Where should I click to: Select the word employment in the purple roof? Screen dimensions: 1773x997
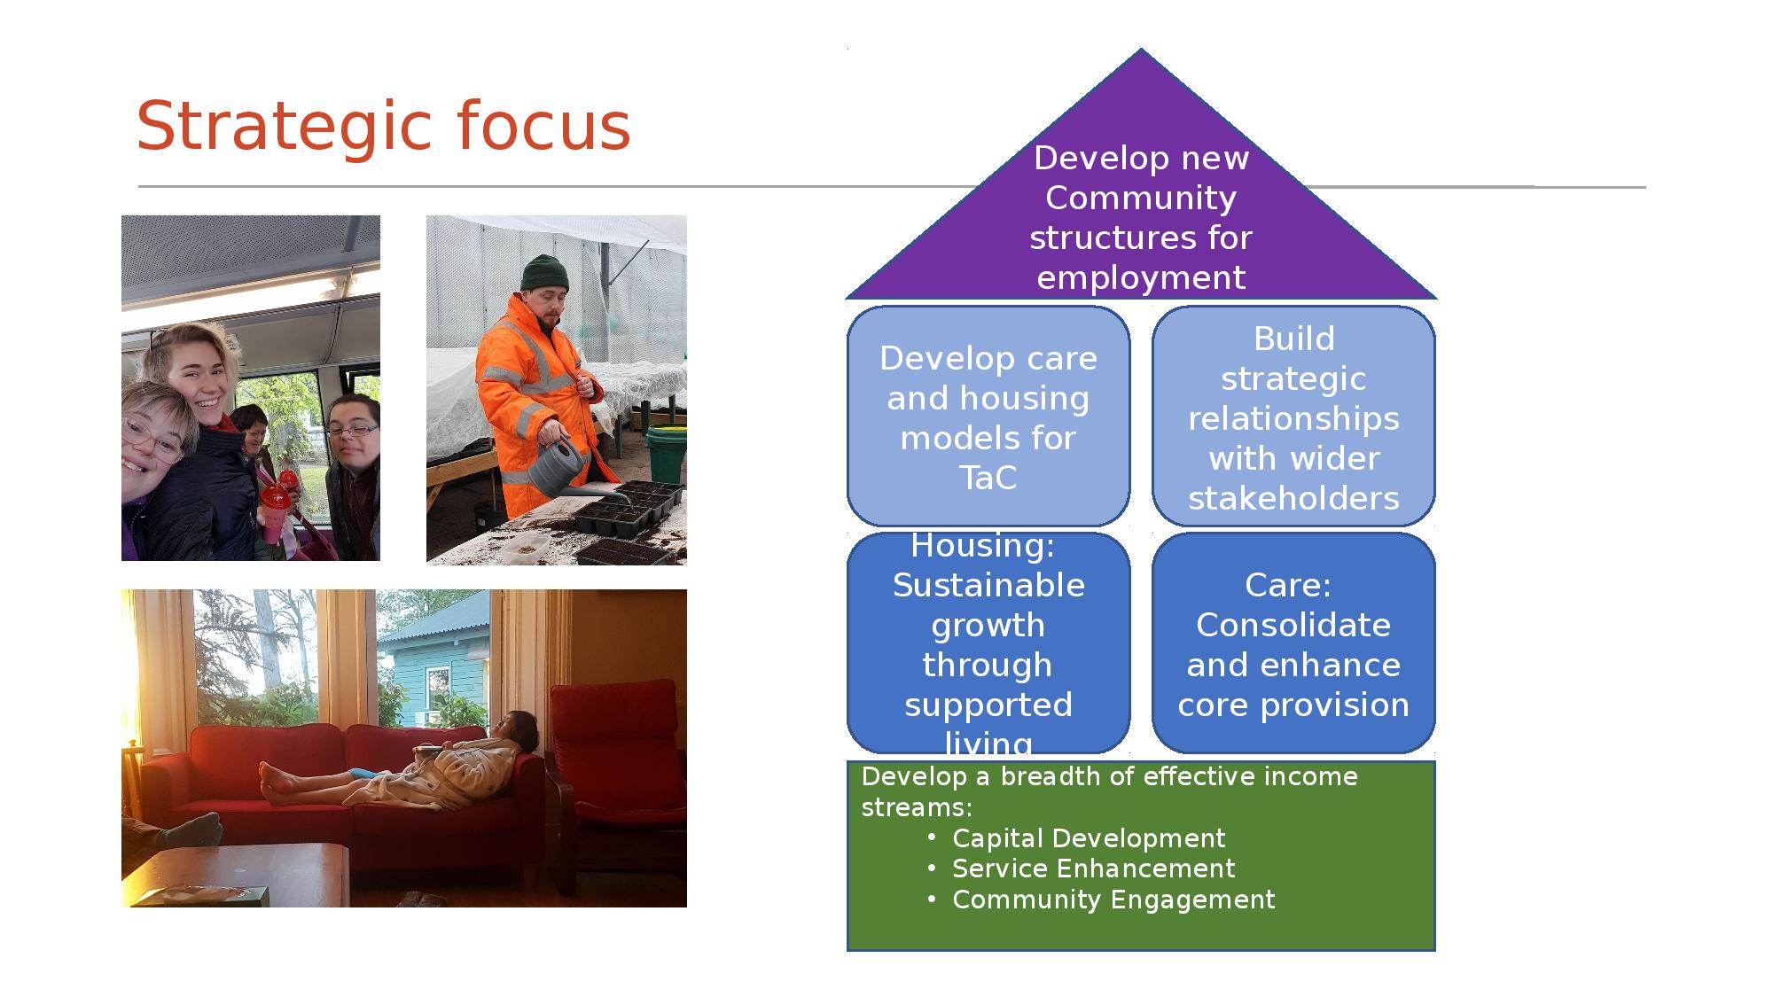[1141, 278]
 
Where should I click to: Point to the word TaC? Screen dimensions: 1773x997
[988, 479]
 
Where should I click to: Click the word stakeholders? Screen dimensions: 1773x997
[1293, 498]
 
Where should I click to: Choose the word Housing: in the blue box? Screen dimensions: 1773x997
[983, 546]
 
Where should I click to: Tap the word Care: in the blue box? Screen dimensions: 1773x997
[1288, 586]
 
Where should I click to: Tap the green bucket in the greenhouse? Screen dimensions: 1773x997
[667, 452]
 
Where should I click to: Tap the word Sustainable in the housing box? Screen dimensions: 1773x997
[988, 586]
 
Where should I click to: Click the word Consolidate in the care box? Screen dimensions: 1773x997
[1293, 626]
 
